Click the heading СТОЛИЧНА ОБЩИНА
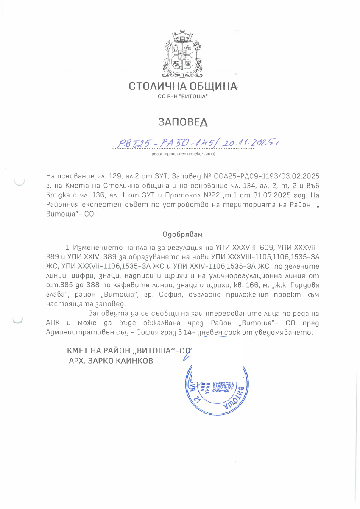pos(183,87)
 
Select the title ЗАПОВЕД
pos(183,122)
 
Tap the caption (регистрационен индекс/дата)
pos(183,154)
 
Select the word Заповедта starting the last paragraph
pos(106,314)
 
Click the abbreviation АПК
pos(54,323)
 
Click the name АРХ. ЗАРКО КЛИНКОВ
pos(111,360)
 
